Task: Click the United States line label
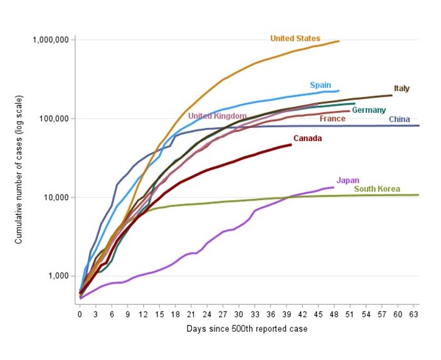click(x=295, y=39)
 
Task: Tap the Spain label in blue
click(x=320, y=85)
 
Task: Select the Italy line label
click(x=401, y=88)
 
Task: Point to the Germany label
click(x=368, y=110)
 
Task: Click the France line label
click(x=332, y=119)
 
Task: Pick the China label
click(x=400, y=119)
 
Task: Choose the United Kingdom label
click(x=217, y=116)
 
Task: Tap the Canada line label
click(x=307, y=138)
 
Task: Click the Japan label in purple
click(x=348, y=180)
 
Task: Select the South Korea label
click(x=376, y=189)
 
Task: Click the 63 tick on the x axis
click(x=413, y=314)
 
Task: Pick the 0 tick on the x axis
click(x=80, y=314)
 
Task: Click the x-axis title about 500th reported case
click(x=247, y=329)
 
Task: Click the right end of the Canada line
click(x=291, y=145)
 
